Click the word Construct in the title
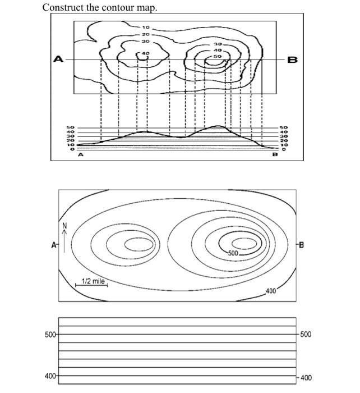click(63, 7)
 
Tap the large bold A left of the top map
click(57, 58)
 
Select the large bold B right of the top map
click(292, 59)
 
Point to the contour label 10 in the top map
click(146, 27)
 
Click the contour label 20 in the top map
click(146, 34)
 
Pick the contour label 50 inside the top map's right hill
click(217, 56)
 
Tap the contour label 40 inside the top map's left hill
click(146, 53)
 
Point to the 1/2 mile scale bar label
click(93, 281)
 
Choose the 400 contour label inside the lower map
click(271, 291)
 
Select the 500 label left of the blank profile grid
click(50, 335)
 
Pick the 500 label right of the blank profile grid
click(306, 335)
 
